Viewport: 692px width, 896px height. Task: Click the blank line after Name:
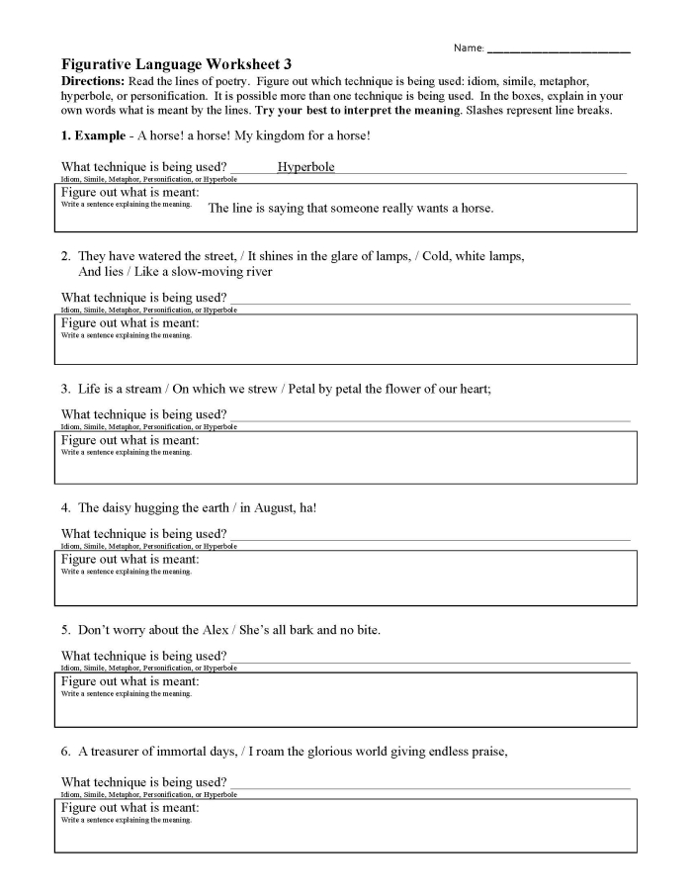pyautogui.click(x=559, y=47)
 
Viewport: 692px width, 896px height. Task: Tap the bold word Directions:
pyautogui.click(x=93, y=80)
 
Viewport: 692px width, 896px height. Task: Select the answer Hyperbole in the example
pyautogui.click(x=305, y=167)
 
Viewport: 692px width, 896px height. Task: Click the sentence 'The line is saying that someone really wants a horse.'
pyautogui.click(x=350, y=209)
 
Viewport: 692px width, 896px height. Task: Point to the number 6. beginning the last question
pyautogui.click(x=65, y=751)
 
